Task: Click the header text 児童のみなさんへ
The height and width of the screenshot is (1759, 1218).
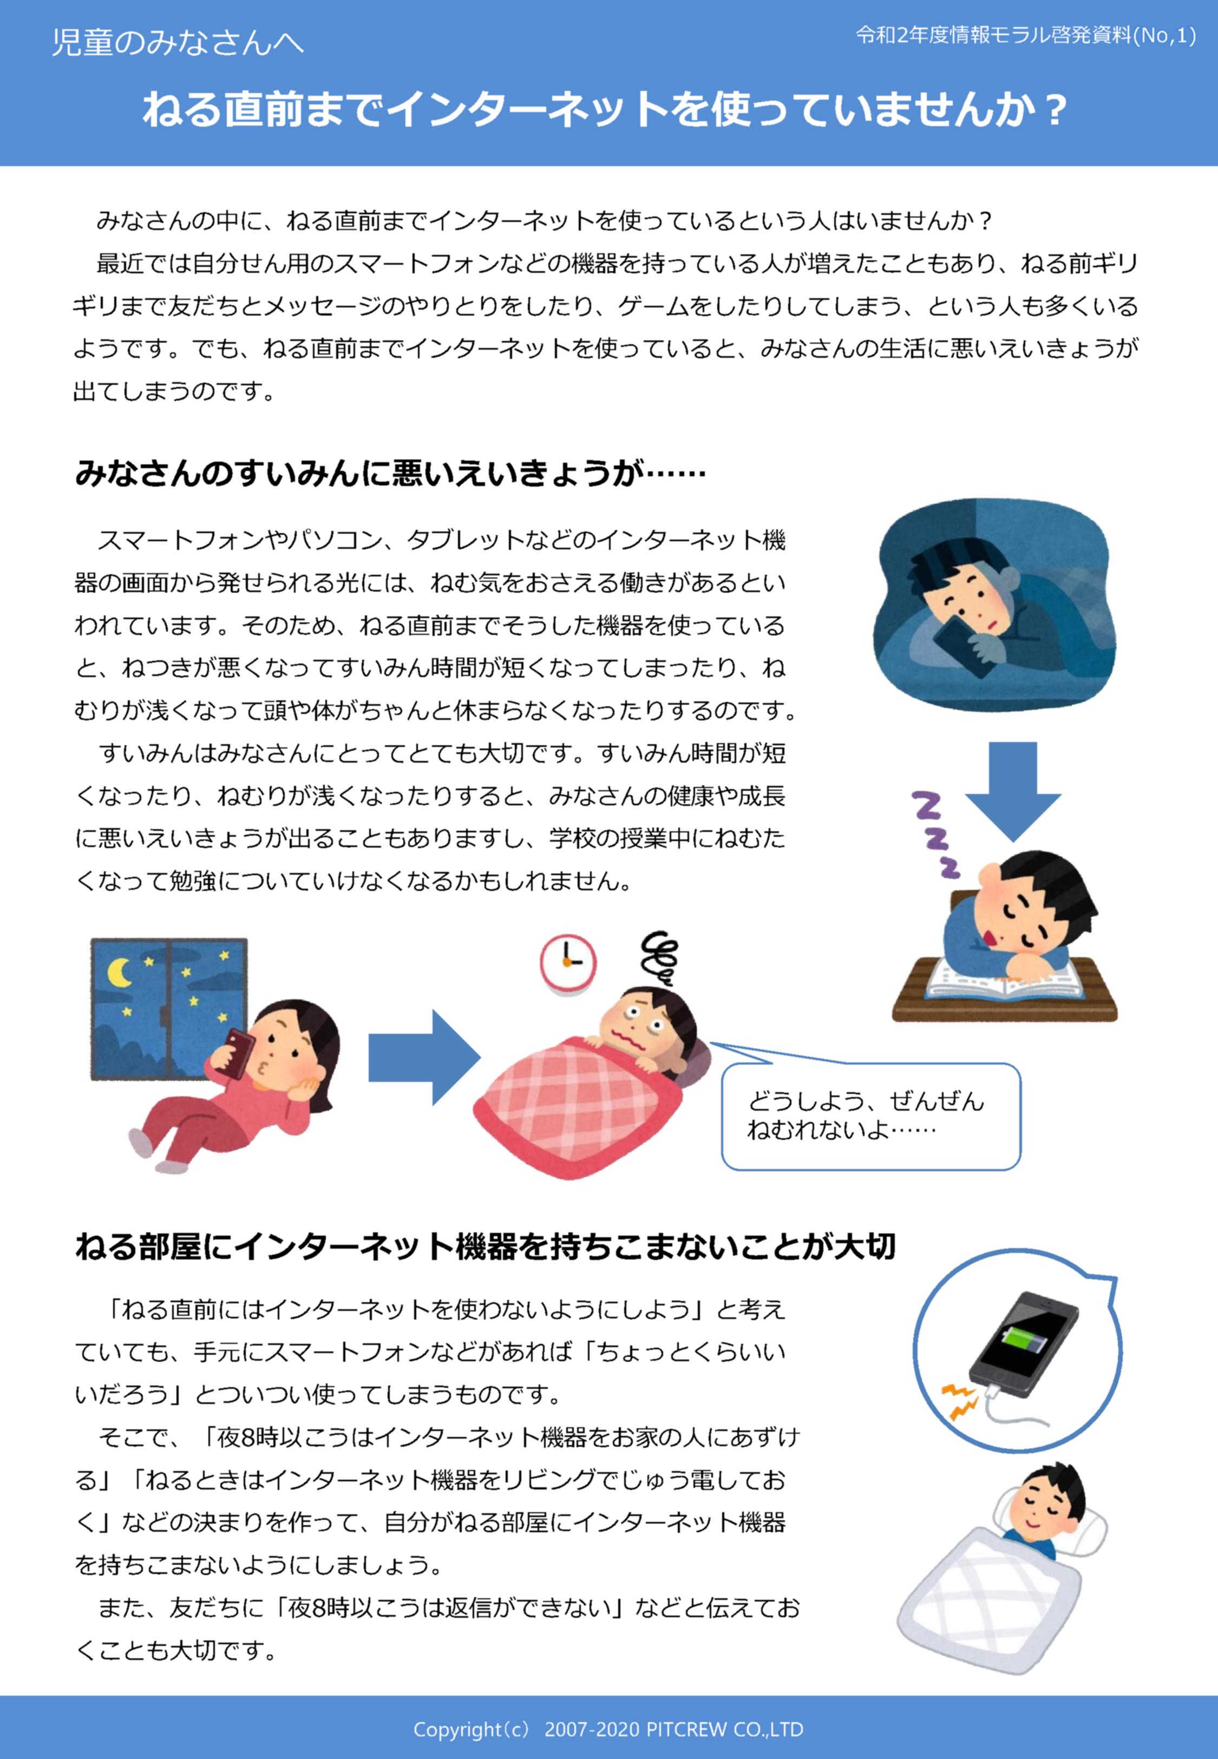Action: [177, 42]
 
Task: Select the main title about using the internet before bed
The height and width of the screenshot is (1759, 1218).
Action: [605, 109]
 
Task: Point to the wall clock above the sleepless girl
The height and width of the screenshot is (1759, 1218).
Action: [568, 963]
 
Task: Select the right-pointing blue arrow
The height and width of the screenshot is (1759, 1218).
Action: [424, 1058]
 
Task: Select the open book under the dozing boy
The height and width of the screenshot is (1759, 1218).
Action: [1004, 978]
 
